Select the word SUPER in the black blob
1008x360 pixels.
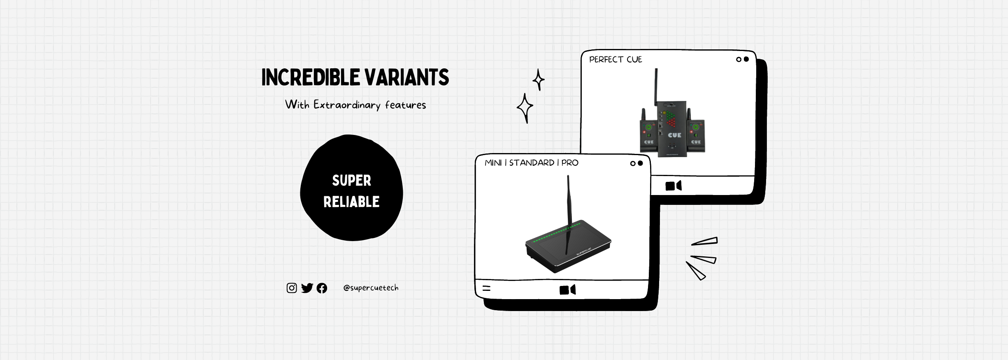(x=351, y=181)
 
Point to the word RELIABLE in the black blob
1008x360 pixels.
(x=351, y=202)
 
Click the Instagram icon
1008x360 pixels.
(x=292, y=288)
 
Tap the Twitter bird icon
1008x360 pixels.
(x=307, y=288)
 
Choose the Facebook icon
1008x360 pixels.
(x=322, y=288)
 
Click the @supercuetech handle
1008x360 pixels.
(x=371, y=288)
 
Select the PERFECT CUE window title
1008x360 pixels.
(x=615, y=60)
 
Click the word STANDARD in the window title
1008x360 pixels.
(x=532, y=163)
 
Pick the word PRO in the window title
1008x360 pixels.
(x=570, y=163)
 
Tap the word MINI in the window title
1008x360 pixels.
(x=493, y=163)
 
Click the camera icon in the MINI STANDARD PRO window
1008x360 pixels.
(x=567, y=290)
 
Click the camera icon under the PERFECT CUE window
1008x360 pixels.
(x=673, y=186)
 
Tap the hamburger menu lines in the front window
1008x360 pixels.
(x=486, y=288)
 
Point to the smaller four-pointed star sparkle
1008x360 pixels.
(x=539, y=79)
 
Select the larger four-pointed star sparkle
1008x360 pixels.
(x=525, y=108)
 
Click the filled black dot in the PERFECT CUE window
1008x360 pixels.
(x=746, y=59)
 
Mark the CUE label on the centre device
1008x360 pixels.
(x=674, y=135)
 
